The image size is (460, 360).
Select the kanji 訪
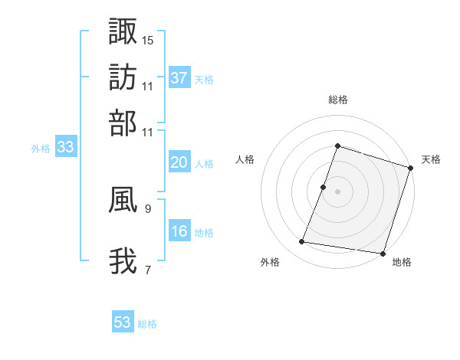click(123, 77)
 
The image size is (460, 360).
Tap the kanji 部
click(123, 123)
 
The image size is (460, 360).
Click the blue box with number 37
click(179, 77)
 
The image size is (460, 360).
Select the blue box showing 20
click(179, 162)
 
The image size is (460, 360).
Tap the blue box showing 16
click(179, 232)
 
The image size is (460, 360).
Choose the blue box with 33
click(65, 148)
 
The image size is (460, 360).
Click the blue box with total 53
click(123, 322)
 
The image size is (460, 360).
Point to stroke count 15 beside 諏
click(148, 40)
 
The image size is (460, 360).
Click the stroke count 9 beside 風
click(148, 208)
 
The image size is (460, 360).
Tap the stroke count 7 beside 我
click(148, 270)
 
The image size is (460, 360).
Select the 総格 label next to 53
click(148, 324)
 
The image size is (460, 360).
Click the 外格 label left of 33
click(41, 149)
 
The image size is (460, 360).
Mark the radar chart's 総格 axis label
click(337, 100)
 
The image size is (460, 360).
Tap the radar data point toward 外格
click(302, 242)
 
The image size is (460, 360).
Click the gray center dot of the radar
click(337, 191)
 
